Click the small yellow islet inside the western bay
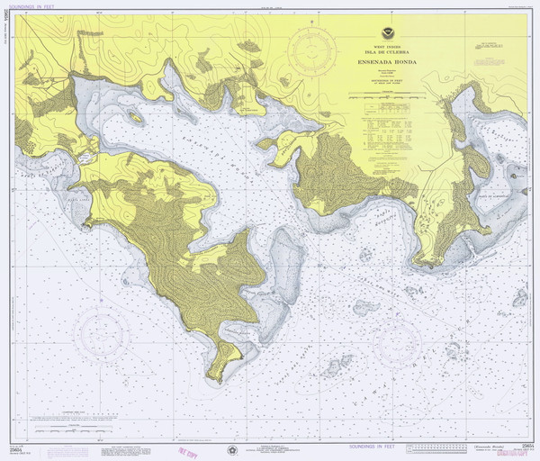[x=135, y=116]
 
